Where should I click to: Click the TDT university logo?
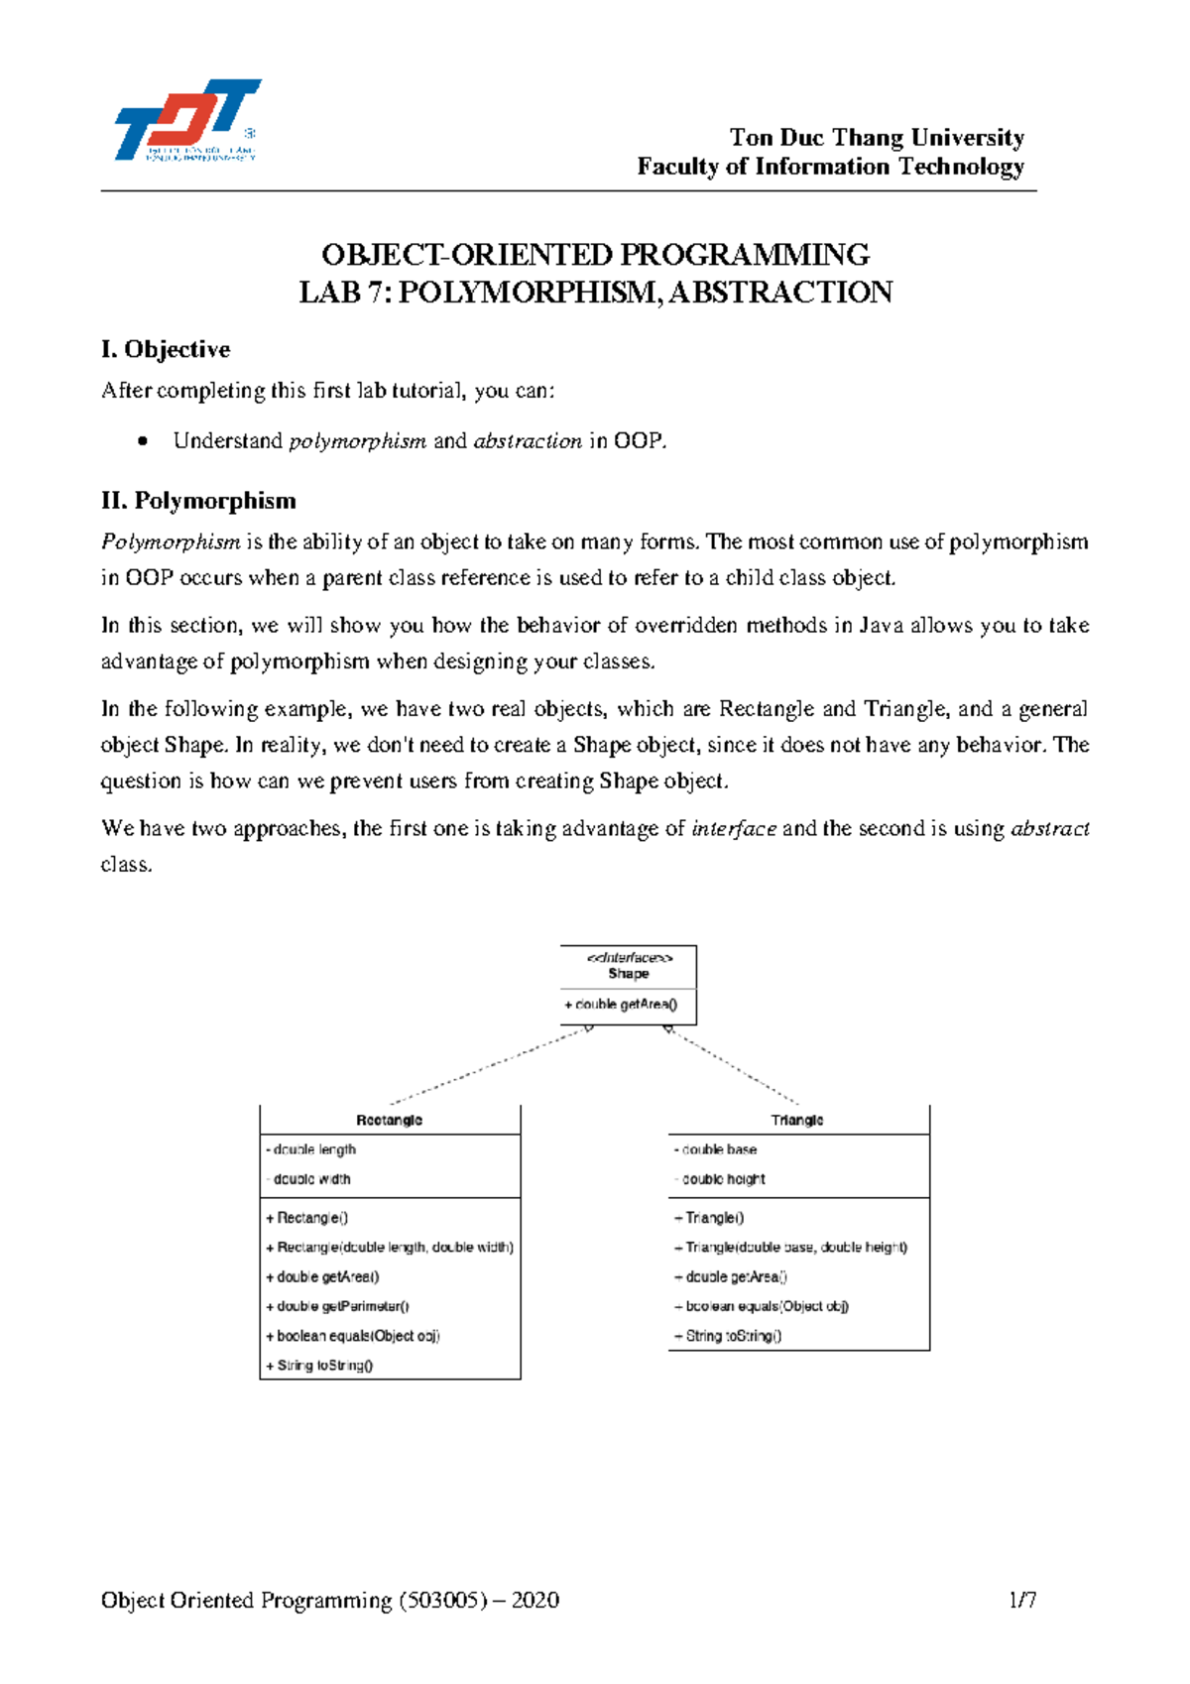point(186,120)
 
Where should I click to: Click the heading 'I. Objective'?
point(165,349)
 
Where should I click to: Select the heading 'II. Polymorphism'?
point(198,501)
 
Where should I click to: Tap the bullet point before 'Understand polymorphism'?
point(145,441)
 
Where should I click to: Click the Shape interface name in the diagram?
point(629,973)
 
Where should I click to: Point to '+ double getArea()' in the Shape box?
point(622,1005)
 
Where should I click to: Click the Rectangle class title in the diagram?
point(389,1120)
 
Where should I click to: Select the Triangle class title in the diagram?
point(797,1120)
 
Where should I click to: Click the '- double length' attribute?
point(311,1149)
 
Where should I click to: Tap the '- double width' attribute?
point(309,1179)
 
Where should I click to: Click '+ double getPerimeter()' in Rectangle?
point(338,1306)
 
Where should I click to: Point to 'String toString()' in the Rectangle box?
point(320,1365)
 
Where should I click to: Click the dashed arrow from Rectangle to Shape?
point(491,1066)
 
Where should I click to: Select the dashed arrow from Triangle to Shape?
point(734,1066)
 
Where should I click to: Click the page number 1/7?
point(1022,1600)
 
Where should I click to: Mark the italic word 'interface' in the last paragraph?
point(733,829)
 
